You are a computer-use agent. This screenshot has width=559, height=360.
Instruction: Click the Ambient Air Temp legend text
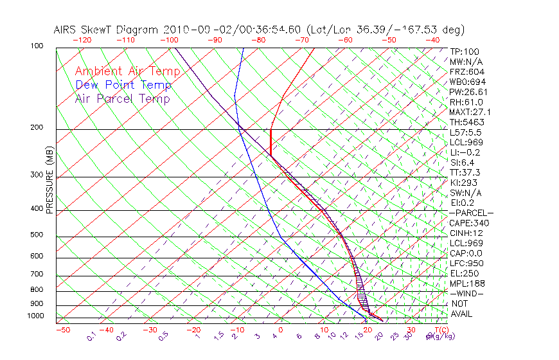click(x=127, y=71)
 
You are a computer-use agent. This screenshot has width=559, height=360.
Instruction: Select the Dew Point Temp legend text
click(x=123, y=85)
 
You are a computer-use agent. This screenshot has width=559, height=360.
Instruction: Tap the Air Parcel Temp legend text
click(x=122, y=98)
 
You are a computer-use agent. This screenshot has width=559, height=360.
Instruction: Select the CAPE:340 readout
click(x=466, y=223)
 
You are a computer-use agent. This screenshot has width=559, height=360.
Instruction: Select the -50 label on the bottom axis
click(x=62, y=330)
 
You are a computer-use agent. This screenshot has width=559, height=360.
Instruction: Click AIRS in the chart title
click(x=66, y=30)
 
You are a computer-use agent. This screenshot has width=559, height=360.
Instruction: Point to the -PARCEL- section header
click(x=471, y=213)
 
